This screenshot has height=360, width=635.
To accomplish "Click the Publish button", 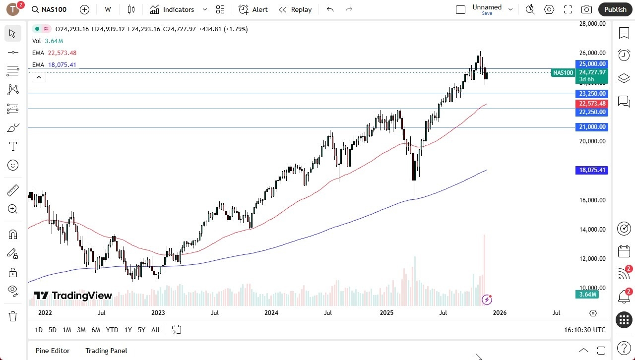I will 615,9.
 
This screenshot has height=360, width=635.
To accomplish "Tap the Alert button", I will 253,9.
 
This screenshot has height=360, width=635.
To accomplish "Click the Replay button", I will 295,9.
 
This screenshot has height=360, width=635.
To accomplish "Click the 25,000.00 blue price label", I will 592,64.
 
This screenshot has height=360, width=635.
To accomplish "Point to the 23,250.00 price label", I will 592,94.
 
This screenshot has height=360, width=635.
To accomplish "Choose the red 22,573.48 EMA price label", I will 592,104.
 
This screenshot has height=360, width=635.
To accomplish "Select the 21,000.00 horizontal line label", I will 592,127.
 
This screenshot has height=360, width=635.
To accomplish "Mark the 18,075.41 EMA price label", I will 592,170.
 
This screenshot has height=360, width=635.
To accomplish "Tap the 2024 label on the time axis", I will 271,313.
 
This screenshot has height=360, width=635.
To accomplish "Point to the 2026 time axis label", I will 500,313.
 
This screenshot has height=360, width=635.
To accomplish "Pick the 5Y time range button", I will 141,330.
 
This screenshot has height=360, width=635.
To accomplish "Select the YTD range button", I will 112,330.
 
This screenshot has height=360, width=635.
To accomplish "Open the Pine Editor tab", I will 53,351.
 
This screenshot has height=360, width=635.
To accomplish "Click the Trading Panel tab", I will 106,351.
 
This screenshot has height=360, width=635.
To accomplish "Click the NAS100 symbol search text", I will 56,9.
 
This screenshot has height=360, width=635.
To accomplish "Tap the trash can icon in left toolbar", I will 13,316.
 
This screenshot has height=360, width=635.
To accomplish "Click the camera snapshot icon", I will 586,9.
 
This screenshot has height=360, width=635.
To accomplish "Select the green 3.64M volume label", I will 587,295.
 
